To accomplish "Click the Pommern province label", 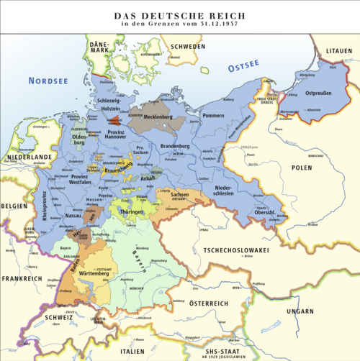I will (213, 115).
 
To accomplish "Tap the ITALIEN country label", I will (132, 351).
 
